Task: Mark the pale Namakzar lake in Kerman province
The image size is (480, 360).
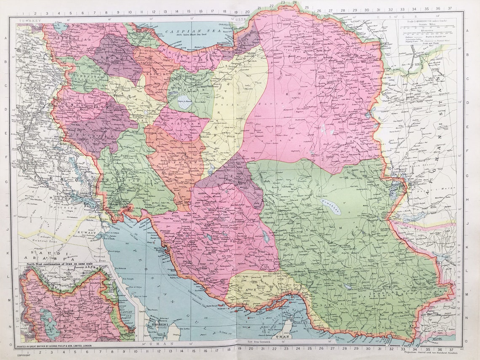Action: point(331,207)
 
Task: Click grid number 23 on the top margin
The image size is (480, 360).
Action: point(283,3)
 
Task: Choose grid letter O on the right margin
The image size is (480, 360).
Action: point(466,341)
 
